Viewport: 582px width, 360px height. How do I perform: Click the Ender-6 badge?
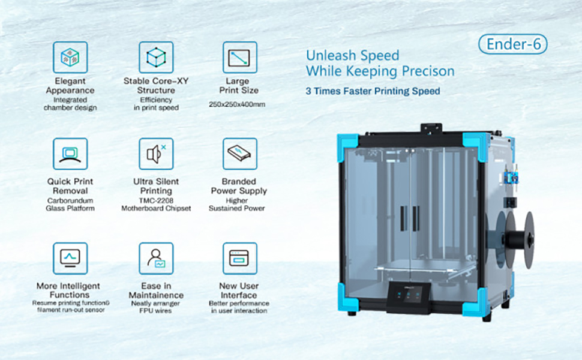(512, 44)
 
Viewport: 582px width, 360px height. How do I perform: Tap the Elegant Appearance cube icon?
(70, 58)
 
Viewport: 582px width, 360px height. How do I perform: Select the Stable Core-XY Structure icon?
(156, 58)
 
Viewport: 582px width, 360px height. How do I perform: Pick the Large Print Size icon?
(240, 58)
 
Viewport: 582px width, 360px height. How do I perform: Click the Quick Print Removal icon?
(70, 154)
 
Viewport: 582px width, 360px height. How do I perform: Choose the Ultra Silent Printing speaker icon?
(156, 154)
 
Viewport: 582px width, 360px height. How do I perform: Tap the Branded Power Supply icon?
(240, 154)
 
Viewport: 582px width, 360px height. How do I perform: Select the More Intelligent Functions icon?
(70, 259)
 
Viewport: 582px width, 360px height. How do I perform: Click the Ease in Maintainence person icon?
(156, 259)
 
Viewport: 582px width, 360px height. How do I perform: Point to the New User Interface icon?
(240, 259)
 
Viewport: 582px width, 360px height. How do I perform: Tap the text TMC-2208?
(156, 200)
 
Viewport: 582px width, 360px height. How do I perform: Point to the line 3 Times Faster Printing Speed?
(373, 92)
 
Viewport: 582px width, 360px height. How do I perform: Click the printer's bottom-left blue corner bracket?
(348, 296)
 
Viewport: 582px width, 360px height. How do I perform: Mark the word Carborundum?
(70, 200)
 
